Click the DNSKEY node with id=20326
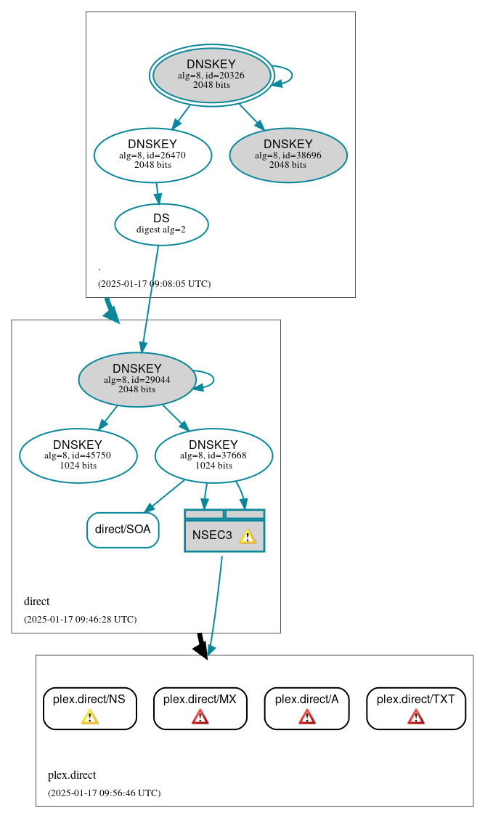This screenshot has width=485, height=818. pyautogui.click(x=211, y=75)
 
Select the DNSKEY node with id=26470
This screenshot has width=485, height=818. pyautogui.click(x=152, y=155)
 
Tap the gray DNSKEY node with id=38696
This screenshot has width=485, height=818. pyautogui.click(x=288, y=155)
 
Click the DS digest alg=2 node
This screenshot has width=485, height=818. pyautogui.click(x=161, y=224)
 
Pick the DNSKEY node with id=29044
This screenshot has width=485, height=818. pyautogui.click(x=137, y=379)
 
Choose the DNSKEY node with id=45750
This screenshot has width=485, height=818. pyautogui.click(x=78, y=455)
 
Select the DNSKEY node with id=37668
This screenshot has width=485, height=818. pyautogui.click(x=213, y=455)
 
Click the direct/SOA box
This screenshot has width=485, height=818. pyautogui.click(x=123, y=530)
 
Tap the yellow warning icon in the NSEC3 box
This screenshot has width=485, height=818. pyautogui.click(x=248, y=536)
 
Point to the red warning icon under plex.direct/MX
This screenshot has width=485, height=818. pyautogui.click(x=200, y=717)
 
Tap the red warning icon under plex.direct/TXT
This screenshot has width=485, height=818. pyautogui.click(x=415, y=717)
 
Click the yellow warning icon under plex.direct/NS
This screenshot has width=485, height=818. pyautogui.click(x=89, y=717)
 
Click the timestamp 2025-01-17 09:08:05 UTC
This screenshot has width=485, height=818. pyautogui.click(x=154, y=283)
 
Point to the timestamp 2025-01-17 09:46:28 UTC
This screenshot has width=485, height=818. pyautogui.click(x=80, y=620)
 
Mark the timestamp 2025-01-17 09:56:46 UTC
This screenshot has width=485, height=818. pyautogui.click(x=104, y=793)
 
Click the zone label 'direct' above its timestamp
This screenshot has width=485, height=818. pyautogui.click(x=37, y=602)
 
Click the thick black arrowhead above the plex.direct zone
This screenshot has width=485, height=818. pyautogui.click(x=202, y=650)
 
